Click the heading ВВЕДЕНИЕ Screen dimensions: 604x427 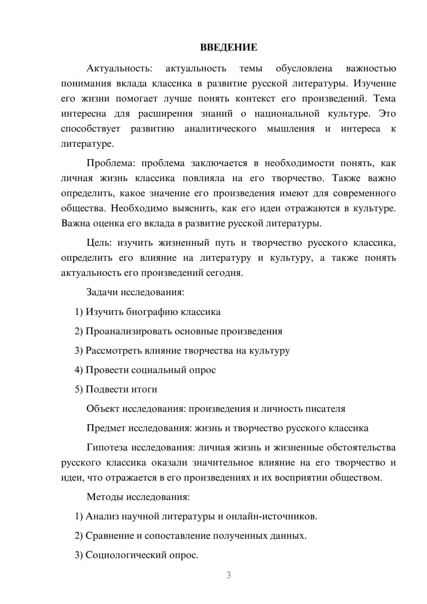[228, 47]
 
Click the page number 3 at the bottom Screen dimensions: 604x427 [228, 575]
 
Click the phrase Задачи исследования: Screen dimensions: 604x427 [135, 293]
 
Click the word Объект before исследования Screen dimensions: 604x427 [103, 409]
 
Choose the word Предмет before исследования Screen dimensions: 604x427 [106, 428]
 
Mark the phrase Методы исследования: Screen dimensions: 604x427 [138, 497]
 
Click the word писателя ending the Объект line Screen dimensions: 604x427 [325, 409]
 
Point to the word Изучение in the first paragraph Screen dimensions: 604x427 [374, 84]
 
